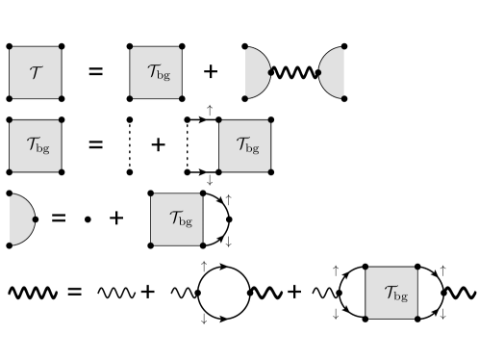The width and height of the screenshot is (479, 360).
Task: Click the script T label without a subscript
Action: pyautogui.click(x=35, y=71)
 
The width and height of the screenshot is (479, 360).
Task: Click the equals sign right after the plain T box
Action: pyautogui.click(x=95, y=71)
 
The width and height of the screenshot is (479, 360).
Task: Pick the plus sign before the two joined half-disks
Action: pyautogui.click(x=212, y=71)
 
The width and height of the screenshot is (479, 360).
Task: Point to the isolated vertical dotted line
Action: pyautogui.click(x=129, y=145)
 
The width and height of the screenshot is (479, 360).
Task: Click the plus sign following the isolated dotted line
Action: pyautogui.click(x=158, y=145)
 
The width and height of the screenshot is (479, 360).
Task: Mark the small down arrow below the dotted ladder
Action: pyautogui.click(x=210, y=179)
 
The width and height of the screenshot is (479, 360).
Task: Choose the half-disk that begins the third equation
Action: pyautogui.click(x=19, y=219)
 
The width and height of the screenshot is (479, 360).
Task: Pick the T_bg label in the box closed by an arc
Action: pyautogui.click(x=177, y=219)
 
